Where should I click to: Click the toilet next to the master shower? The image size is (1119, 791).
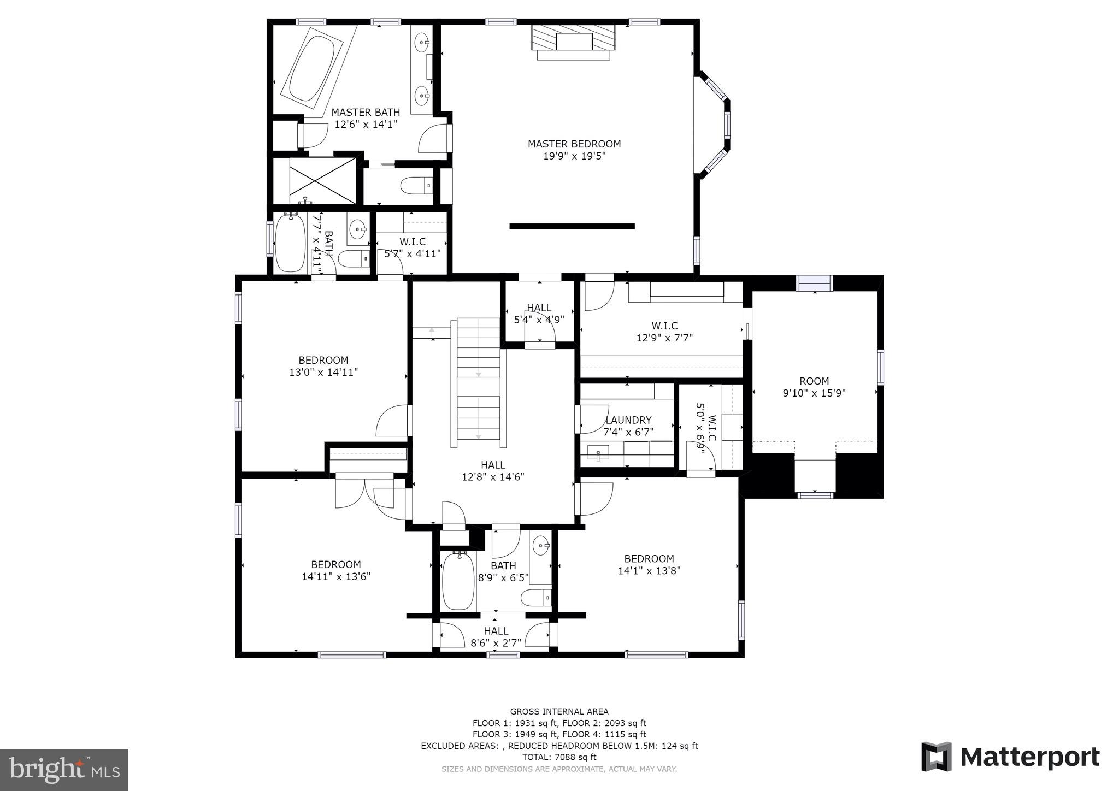(416, 186)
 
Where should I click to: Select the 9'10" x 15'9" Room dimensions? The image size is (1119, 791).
(814, 393)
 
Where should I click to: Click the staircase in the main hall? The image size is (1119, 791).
(478, 380)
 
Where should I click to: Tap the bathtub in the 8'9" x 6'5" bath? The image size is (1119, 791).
(457, 581)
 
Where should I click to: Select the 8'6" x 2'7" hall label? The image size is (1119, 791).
(496, 637)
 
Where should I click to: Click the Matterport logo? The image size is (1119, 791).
(1010, 757)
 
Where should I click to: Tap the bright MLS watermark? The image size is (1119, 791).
(64, 770)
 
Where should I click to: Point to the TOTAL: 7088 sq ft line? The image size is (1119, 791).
(559, 757)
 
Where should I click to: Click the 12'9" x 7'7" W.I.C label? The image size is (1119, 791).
(664, 332)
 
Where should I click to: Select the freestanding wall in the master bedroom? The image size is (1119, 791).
(572, 226)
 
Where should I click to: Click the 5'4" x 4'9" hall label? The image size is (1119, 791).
(539, 314)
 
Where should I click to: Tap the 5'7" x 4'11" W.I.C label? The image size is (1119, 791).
(413, 247)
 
